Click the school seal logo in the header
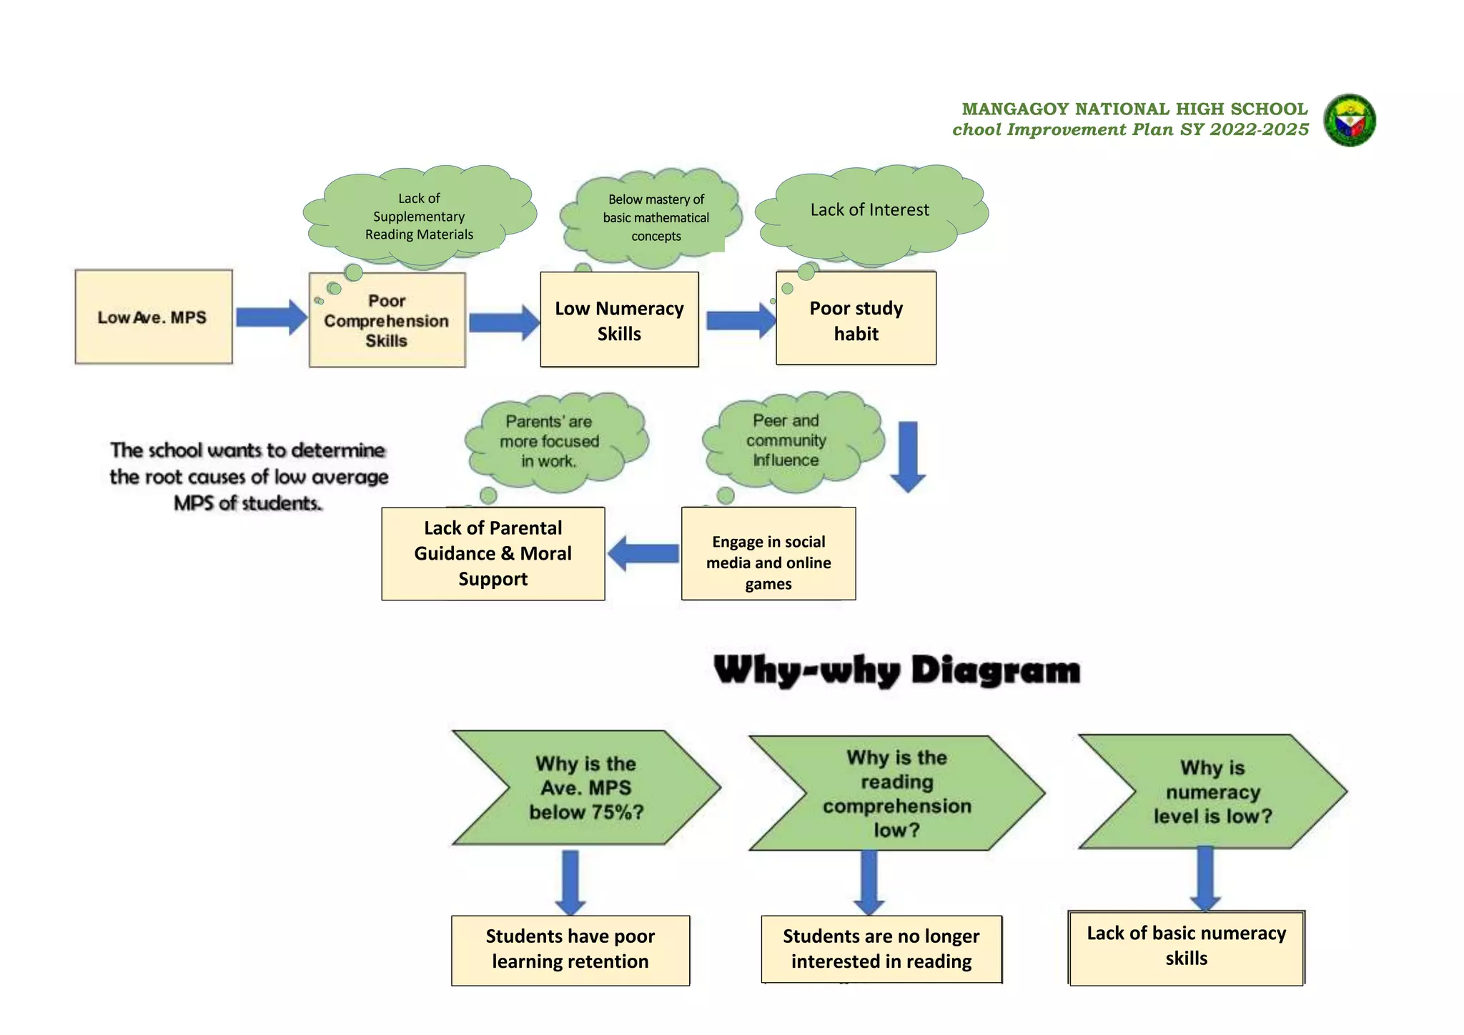(1350, 120)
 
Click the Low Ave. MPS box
(153, 317)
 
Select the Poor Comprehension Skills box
(387, 320)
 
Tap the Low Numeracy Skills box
(619, 320)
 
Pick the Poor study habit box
(856, 320)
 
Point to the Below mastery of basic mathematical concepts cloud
(656, 217)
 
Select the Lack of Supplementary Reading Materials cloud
(420, 216)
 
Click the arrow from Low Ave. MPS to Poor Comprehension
(271, 317)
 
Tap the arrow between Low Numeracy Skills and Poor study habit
(740, 320)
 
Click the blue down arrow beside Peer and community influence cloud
(908, 455)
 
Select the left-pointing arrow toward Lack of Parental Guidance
(643, 553)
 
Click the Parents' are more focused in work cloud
(549, 442)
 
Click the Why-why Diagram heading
(896, 670)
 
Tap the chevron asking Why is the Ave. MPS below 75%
(586, 788)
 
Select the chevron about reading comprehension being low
(896, 793)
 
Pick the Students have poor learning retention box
(570, 949)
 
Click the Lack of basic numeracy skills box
(1186, 947)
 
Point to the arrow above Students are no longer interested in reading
(869, 882)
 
